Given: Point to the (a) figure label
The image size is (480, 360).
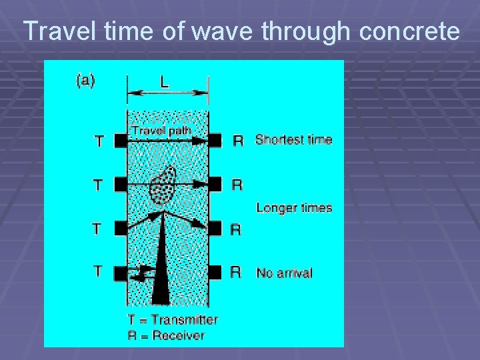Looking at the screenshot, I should click(85, 81).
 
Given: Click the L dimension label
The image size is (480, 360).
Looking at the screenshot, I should click(164, 82).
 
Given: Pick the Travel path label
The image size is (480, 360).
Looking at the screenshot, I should click(161, 131).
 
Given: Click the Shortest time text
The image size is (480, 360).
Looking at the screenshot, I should click(293, 140).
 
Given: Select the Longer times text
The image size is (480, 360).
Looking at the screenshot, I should click(294, 208).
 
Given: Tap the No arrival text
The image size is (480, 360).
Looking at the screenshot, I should click(284, 273).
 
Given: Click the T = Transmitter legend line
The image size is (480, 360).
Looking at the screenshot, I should click(173, 320).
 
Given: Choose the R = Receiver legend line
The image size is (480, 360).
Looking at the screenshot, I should click(166, 335).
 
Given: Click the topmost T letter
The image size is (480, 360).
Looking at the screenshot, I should click(99, 141).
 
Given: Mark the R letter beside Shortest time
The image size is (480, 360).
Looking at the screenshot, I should click(237, 141).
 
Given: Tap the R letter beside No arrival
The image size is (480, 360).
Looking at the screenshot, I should click(235, 272).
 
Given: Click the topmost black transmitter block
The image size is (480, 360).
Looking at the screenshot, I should click(120, 141).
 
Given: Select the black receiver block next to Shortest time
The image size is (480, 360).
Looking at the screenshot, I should click(215, 141).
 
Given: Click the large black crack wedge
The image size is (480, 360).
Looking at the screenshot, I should click(161, 267).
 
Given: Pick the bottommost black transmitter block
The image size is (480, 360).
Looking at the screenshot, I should click(120, 272).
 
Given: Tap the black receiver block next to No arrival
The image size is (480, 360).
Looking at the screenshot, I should click(215, 272).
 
